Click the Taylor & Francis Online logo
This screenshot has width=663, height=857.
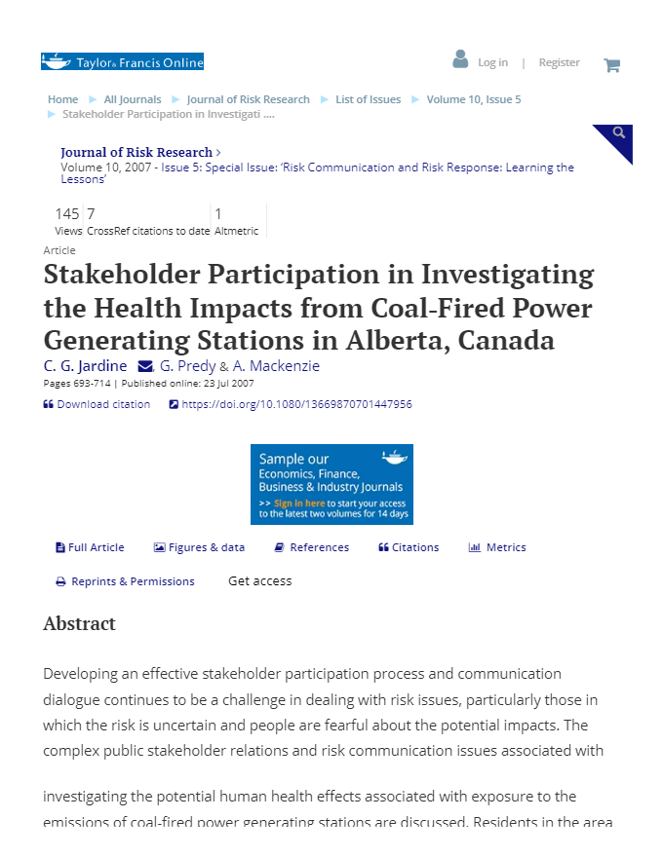click(122, 62)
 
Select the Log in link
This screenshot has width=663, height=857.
click(492, 62)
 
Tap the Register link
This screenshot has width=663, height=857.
click(560, 62)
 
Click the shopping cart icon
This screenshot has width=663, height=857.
click(612, 65)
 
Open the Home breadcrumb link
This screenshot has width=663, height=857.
click(63, 99)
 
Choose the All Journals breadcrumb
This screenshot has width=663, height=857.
click(133, 99)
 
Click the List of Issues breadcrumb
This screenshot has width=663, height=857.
click(369, 99)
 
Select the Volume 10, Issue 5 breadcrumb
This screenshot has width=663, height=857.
click(474, 99)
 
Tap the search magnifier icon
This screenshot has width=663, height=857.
click(618, 133)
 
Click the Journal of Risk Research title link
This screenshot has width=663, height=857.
click(136, 152)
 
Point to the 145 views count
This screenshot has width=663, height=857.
click(67, 214)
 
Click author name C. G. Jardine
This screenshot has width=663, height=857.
click(85, 366)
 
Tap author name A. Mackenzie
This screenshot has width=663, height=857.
click(276, 366)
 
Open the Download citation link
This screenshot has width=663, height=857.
click(103, 404)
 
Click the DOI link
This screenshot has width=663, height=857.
click(296, 404)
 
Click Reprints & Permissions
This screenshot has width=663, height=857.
click(133, 581)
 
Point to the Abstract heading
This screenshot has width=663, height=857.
click(79, 623)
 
